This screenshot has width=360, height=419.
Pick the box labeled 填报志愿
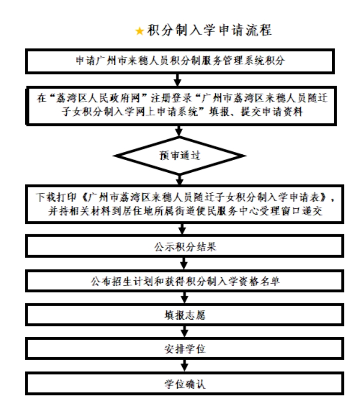coord(181,315)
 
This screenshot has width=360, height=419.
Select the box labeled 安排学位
coord(181,349)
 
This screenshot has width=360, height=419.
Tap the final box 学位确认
coord(181,383)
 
